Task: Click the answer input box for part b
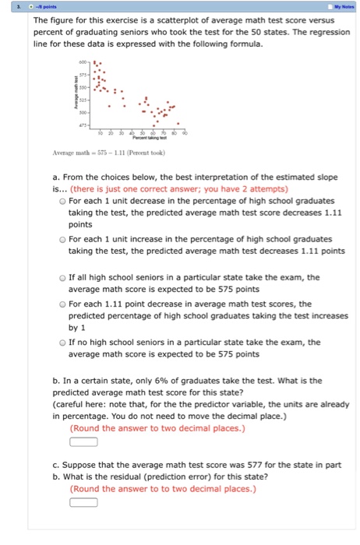(x=83, y=441)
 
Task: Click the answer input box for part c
(x=83, y=502)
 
